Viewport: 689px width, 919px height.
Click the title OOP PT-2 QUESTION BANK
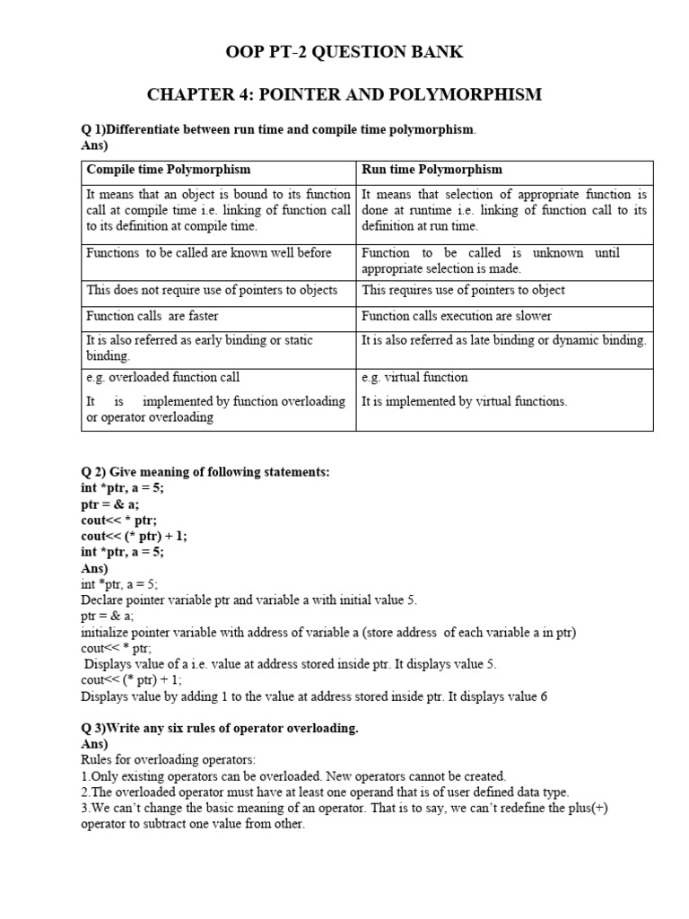pos(344,52)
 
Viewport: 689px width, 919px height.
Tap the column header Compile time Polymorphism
pos(168,170)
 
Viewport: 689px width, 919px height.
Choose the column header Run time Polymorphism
pos(432,170)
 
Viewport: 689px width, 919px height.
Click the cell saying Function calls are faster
pos(152,316)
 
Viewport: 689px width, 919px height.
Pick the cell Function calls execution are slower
pos(456,316)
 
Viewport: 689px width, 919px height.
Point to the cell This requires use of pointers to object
pos(463,290)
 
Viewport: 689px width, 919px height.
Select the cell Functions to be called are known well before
pos(208,253)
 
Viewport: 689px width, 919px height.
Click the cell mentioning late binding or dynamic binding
pos(503,340)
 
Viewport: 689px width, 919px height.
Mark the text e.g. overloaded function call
pos(162,378)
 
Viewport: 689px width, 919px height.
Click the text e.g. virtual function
pos(414,378)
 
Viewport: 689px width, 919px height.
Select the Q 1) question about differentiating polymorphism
pos(279,130)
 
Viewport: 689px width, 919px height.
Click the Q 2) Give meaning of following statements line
pos(205,472)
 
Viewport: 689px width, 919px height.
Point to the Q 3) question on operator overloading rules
pos(220,728)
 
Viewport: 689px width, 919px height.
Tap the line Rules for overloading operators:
pos(155,760)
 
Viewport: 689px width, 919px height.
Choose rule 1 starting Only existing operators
pos(293,776)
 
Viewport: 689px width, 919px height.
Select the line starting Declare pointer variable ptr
pos(249,600)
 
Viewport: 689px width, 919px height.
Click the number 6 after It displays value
pos(543,696)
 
